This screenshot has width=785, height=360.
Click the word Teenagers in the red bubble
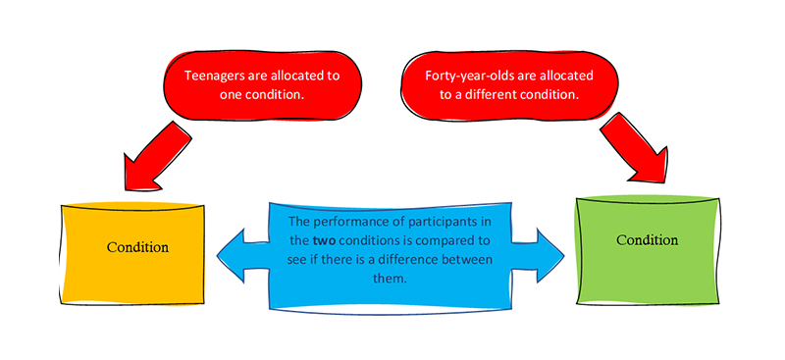(209, 76)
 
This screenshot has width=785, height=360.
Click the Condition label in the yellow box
(137, 247)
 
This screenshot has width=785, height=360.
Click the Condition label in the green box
(647, 239)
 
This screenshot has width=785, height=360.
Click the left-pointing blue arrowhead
(231, 255)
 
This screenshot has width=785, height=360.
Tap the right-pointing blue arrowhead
(550, 255)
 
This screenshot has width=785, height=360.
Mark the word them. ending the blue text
(389, 279)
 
